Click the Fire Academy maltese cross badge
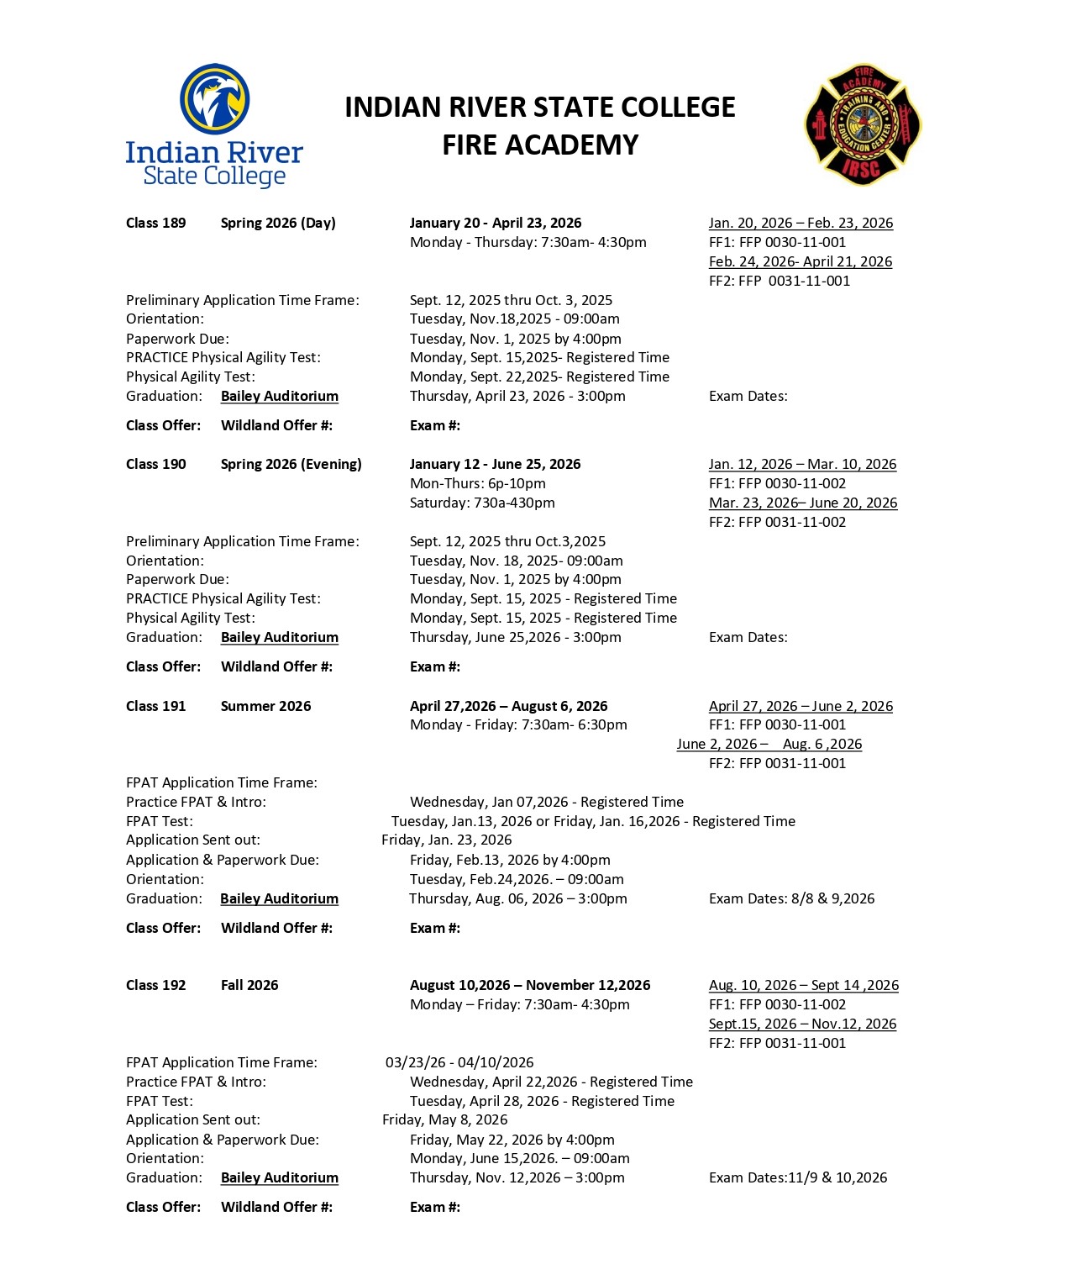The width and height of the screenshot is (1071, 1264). [863, 124]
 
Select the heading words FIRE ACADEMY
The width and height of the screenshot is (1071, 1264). [540, 145]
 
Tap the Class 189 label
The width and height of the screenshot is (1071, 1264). [156, 223]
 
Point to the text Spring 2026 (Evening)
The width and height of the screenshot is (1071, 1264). [291, 464]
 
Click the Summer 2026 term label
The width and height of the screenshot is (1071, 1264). [265, 706]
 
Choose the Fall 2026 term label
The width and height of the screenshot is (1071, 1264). [249, 985]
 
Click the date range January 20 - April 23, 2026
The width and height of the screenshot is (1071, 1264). [496, 223]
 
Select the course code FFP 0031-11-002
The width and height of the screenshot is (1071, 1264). [777, 522]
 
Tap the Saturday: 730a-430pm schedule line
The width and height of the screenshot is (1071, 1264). [482, 503]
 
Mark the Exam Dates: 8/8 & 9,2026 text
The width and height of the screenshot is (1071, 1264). [791, 898]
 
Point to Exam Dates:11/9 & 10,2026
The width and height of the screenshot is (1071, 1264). [798, 1177]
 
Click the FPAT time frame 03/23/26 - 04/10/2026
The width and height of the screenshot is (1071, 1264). [459, 1062]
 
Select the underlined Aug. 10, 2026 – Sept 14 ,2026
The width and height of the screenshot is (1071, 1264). [803, 985]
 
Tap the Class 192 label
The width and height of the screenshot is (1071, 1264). [156, 985]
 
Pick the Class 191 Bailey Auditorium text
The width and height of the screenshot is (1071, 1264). [279, 898]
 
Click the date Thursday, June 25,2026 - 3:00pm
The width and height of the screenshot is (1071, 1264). [516, 637]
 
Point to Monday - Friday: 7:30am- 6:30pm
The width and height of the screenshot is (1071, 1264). [518, 724]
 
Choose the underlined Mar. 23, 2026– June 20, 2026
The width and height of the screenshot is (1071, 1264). [803, 503]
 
